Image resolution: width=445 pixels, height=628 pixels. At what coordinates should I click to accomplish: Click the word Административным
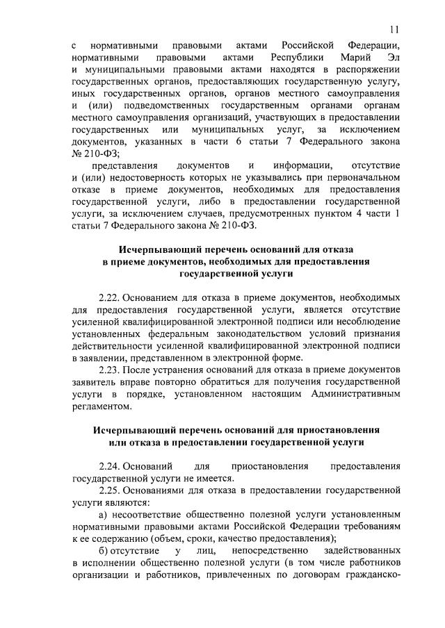pyautogui.click(x=348, y=394)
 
